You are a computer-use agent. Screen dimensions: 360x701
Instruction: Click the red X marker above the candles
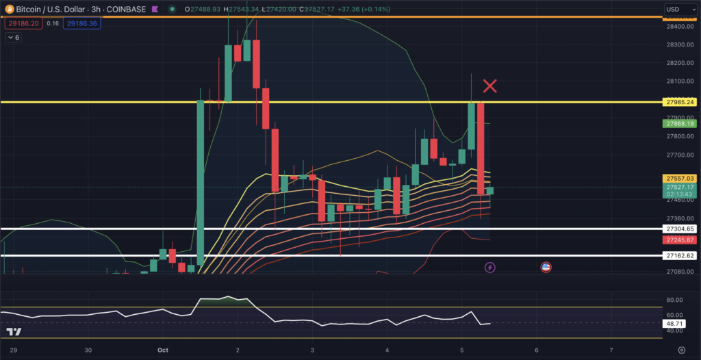pyautogui.click(x=490, y=86)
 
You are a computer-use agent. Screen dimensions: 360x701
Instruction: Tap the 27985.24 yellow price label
pyautogui.click(x=680, y=102)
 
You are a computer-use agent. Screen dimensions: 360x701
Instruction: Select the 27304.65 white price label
pyautogui.click(x=680, y=229)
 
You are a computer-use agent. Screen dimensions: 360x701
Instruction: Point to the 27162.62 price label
pyautogui.click(x=680, y=255)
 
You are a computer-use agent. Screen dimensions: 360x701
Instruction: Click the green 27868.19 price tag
pyautogui.click(x=680, y=124)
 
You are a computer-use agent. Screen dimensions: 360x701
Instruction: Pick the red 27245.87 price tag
pyautogui.click(x=680, y=240)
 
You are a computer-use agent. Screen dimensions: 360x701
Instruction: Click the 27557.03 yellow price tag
pyautogui.click(x=680, y=178)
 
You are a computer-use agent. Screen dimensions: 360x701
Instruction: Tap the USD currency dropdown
pyautogui.click(x=678, y=10)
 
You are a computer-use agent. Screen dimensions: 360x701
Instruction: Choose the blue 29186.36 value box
pyautogui.click(x=82, y=23)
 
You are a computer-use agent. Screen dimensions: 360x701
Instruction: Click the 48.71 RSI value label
pyautogui.click(x=675, y=322)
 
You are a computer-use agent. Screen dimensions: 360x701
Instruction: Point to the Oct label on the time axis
pyautogui.click(x=163, y=349)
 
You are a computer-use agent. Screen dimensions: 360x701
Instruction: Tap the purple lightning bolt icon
pyautogui.click(x=490, y=266)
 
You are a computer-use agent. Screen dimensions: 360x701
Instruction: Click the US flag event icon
pyautogui.click(x=546, y=266)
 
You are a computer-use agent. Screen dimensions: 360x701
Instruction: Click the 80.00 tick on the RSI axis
pyautogui.click(x=674, y=300)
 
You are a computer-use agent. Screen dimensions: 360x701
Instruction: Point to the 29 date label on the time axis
pyautogui.click(x=14, y=349)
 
